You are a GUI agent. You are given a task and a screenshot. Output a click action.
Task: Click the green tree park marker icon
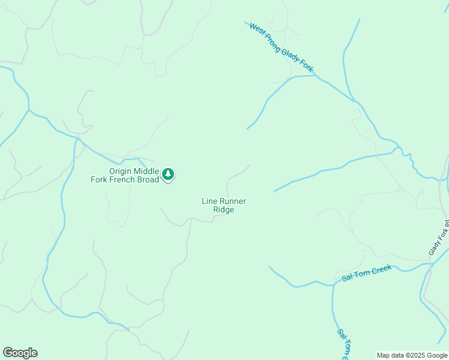pos(169,175)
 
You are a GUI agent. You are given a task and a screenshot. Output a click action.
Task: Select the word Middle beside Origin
pos(148,171)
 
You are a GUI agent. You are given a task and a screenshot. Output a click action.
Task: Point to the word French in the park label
pos(122,179)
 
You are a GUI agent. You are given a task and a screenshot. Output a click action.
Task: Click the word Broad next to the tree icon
pos(148,179)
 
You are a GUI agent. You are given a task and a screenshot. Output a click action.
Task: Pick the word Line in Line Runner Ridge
pos(209,202)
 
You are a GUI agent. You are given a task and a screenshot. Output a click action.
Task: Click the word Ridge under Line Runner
pos(223,210)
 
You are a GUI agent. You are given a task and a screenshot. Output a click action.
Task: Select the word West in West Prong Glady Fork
pos(257,30)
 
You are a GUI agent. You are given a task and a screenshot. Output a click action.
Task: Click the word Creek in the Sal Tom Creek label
pos(381,270)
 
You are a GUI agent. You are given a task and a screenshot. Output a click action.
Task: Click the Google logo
pos(20,353)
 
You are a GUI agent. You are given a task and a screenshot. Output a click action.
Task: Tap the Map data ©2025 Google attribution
pos(412,355)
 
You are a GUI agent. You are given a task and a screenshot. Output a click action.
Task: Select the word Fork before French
pos(100,179)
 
